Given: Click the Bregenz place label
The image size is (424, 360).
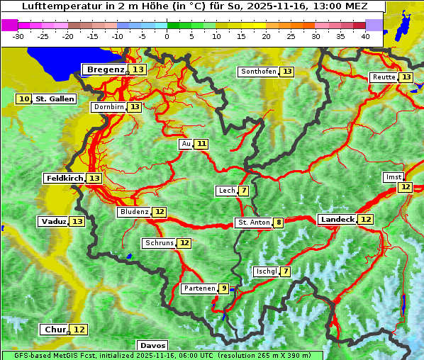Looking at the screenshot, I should coord(105,69).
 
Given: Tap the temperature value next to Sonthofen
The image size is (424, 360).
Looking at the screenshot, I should coord(287,72).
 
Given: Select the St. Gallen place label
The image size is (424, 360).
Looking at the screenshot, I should coord(55,99).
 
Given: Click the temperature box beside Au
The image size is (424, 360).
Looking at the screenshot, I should coord(202,144).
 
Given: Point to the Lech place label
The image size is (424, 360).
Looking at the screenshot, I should coord(226,191).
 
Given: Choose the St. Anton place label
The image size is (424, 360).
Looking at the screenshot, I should coord(253,223).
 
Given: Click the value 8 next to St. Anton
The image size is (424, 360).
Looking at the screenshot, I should coord(279,223).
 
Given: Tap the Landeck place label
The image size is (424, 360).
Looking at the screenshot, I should coord(336,220).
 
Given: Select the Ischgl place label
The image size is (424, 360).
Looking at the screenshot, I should coord(266,271).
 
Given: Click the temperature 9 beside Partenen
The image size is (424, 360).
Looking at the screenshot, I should coord(223,288).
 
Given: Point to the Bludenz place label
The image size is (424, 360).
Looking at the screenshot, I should coord(134,212).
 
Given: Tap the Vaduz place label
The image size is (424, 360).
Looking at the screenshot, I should coord(53,221).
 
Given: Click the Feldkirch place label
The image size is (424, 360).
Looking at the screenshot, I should coord(65,178).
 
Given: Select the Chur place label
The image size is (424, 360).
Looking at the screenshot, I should coord(55,330).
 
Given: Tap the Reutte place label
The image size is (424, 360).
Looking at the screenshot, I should coord(384,77).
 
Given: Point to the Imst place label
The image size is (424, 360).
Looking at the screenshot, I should coord(392,176).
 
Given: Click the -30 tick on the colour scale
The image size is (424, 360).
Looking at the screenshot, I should coord(18,35).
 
